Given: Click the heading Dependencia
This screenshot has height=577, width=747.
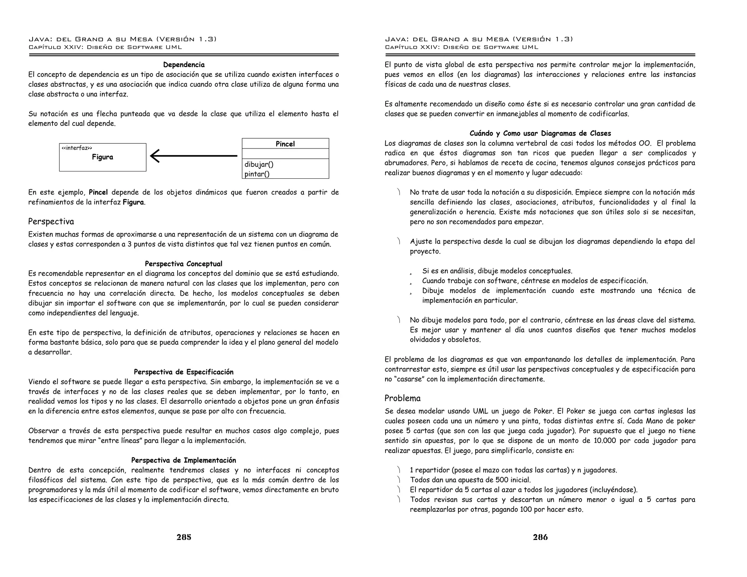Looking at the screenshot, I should tap(183, 65).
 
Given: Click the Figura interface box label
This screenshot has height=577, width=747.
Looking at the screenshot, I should tap(102, 157).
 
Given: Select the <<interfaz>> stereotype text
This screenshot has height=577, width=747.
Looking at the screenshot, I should tap(77, 148).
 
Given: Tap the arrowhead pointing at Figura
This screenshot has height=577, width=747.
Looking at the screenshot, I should tap(155, 156).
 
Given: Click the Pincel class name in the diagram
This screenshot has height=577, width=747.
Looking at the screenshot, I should tap(285, 144).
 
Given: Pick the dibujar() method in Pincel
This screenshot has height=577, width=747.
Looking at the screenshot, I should tap(259, 164).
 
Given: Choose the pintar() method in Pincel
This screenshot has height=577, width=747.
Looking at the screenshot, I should tap(257, 174).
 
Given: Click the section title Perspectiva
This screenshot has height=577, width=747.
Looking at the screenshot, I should tap(51, 222).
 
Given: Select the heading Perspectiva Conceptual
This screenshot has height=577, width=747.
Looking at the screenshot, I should tap(183, 264).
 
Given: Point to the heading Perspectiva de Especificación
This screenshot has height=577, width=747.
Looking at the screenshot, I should tap(183, 372).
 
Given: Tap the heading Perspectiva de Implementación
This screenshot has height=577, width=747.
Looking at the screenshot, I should tap(183, 460).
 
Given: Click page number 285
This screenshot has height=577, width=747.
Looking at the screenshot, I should tap(184, 537).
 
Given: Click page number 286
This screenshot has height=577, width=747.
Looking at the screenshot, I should tap(540, 537).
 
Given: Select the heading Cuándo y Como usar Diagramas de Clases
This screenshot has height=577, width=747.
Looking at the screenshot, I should tap(540, 133).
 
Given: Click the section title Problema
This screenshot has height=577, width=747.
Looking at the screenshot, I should tap(402, 398).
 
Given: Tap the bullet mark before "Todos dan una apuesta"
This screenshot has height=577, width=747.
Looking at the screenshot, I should tap(399, 480).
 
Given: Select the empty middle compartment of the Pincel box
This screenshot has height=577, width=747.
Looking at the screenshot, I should tap(285, 154).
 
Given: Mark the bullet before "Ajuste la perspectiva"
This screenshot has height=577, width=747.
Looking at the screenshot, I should tap(399, 241).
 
